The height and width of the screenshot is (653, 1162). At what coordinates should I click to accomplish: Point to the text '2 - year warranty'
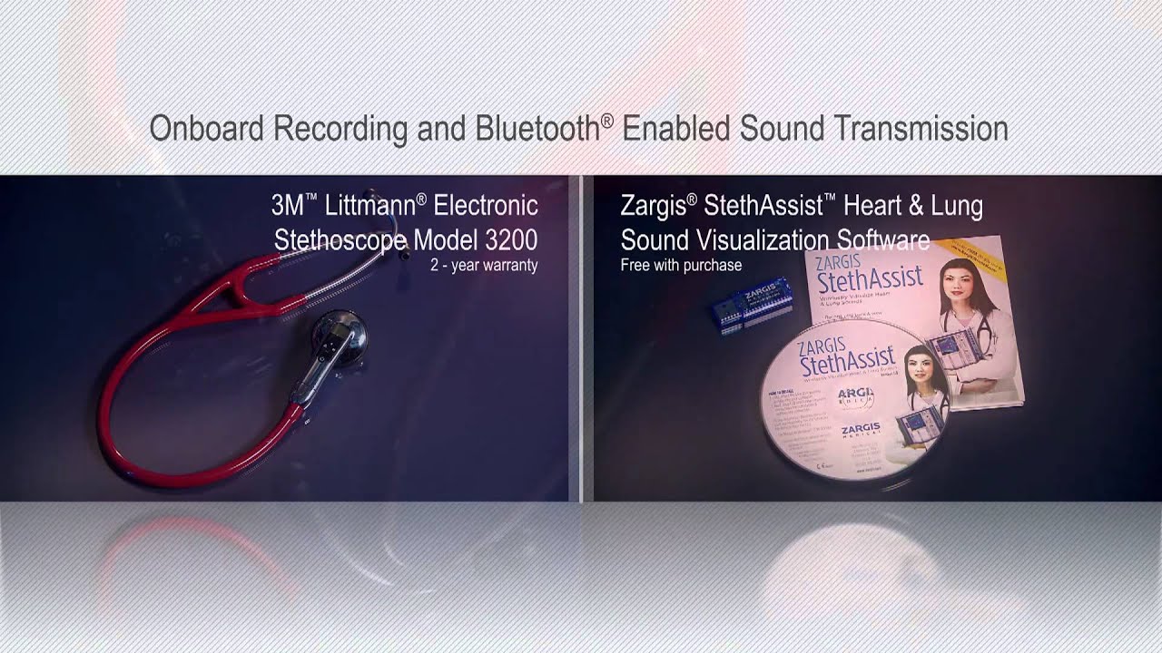484,266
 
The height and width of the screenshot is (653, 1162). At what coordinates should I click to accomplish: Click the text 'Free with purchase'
681,266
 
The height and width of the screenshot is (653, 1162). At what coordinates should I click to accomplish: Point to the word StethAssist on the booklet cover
869,278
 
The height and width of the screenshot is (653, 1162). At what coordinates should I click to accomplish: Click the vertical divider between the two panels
581,337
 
